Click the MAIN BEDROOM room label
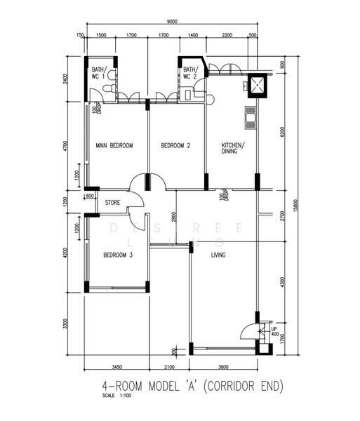[114, 145]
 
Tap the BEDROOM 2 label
[175, 145]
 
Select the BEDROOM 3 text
[117, 255]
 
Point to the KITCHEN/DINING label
[232, 147]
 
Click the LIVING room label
[218, 255]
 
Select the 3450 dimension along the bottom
[116, 366]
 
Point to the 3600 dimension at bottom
[223, 366]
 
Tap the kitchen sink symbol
[249, 117]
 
